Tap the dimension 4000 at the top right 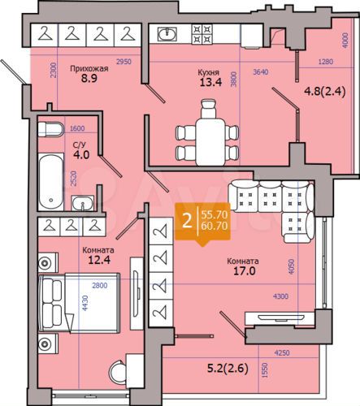point(345,41)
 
